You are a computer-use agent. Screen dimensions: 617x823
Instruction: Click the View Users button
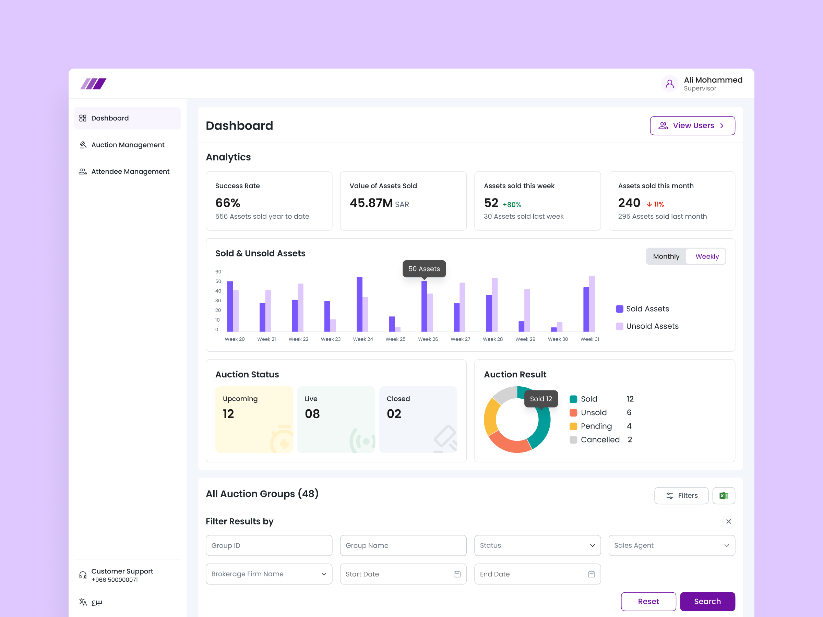coord(692,126)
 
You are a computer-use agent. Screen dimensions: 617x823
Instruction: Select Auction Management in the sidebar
coord(127,145)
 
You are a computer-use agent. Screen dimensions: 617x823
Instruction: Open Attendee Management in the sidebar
coord(130,171)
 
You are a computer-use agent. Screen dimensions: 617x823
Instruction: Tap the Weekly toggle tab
coord(706,257)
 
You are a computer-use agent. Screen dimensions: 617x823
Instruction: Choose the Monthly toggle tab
coord(666,257)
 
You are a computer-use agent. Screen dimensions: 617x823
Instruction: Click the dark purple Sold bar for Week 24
coord(359,304)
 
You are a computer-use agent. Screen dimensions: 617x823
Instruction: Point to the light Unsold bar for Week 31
coord(592,303)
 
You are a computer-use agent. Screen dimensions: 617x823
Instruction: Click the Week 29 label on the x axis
coord(525,339)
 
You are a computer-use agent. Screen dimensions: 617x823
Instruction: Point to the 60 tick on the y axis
coord(218,272)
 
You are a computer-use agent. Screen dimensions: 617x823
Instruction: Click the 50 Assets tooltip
coord(424,269)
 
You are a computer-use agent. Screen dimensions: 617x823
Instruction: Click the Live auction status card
coord(336,419)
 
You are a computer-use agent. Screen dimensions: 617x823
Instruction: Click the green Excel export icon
coord(723,495)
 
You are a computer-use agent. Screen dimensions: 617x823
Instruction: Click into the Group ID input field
coord(269,545)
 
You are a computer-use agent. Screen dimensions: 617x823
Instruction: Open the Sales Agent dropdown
coord(671,545)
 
